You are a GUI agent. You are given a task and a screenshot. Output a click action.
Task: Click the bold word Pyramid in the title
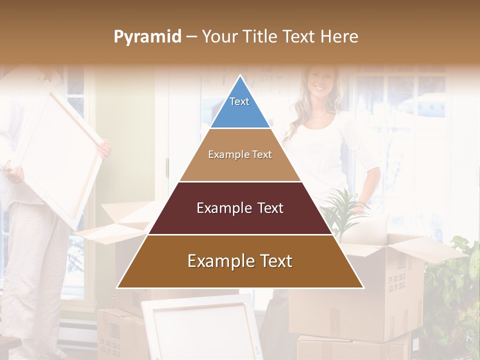(147, 37)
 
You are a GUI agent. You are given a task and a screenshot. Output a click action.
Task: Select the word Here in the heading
(339, 36)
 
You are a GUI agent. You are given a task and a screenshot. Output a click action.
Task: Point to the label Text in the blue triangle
(239, 101)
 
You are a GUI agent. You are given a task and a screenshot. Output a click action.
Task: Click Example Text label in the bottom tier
(240, 261)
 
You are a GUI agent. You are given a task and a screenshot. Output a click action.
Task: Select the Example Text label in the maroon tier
(240, 208)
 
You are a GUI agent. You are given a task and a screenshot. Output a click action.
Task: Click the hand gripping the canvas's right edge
(104, 149)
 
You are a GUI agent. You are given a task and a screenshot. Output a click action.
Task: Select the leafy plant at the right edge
(452, 295)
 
